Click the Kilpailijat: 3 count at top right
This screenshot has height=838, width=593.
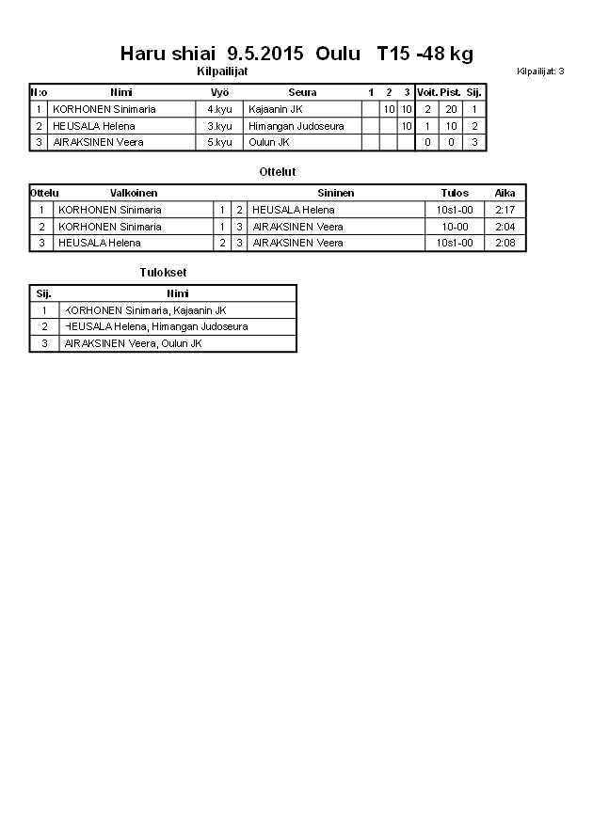point(540,71)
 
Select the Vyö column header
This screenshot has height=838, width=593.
point(219,92)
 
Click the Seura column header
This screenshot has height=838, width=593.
point(302,92)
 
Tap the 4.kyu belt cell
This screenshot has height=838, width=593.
point(219,109)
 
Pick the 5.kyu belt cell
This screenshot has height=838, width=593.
point(219,142)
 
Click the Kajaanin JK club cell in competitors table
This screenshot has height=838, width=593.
point(275,109)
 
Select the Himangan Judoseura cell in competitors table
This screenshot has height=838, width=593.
point(296,126)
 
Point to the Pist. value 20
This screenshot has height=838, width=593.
point(451,109)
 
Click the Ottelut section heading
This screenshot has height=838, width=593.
point(277,172)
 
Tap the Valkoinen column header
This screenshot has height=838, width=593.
point(134,193)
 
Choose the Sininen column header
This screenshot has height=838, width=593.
point(335,193)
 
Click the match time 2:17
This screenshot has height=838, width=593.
point(505,210)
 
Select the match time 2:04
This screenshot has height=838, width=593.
point(505,227)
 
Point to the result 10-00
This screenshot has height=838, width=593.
point(455,227)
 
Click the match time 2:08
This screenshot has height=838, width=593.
point(505,243)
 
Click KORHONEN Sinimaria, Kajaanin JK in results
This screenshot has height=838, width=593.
point(146,310)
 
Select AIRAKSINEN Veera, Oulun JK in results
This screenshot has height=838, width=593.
point(133,343)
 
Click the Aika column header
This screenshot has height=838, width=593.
point(505,193)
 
